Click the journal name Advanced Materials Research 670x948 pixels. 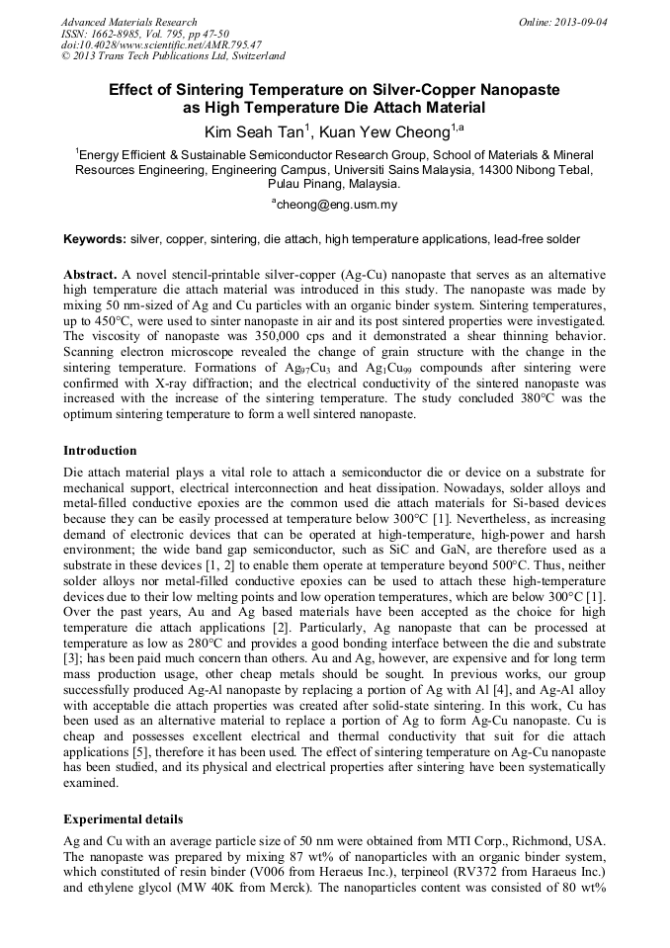128,22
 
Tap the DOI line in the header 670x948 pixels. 161,44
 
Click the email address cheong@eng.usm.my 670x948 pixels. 336,205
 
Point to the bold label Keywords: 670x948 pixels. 95,239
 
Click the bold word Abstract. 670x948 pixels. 90,273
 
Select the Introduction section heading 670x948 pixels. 100,451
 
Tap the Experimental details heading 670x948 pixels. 123,819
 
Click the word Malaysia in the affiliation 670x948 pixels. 371,183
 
